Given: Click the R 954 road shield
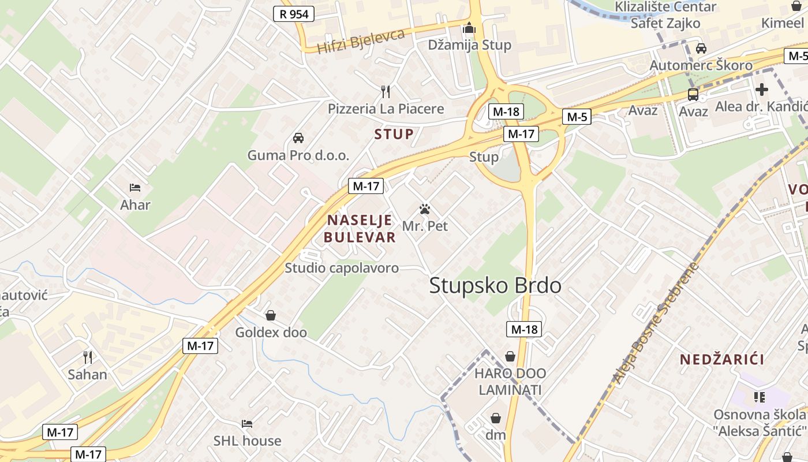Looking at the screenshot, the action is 294,14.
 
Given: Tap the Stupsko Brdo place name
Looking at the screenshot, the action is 495,285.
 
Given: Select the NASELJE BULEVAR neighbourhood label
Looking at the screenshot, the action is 360,229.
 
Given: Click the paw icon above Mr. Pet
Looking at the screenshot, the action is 425,209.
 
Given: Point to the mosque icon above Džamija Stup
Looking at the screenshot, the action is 469,28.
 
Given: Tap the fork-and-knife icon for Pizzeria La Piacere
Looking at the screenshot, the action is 386,91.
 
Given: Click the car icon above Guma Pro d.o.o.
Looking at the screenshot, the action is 298,137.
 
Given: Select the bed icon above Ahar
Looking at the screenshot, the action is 135,188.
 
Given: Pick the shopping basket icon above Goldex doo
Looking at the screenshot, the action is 270,315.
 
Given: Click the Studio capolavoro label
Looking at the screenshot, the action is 342,268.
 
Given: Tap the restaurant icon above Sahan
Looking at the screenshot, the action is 88,357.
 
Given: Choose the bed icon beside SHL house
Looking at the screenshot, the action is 247,424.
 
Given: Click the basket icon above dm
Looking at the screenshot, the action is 495,418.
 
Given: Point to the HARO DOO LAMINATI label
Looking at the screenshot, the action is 510,382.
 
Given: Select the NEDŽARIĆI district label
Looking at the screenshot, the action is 721,360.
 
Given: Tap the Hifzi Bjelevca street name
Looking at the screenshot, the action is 361,40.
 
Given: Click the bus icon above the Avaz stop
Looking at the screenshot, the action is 693,94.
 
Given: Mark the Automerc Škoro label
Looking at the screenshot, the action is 701,65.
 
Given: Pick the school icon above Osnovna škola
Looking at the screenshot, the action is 759,397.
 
